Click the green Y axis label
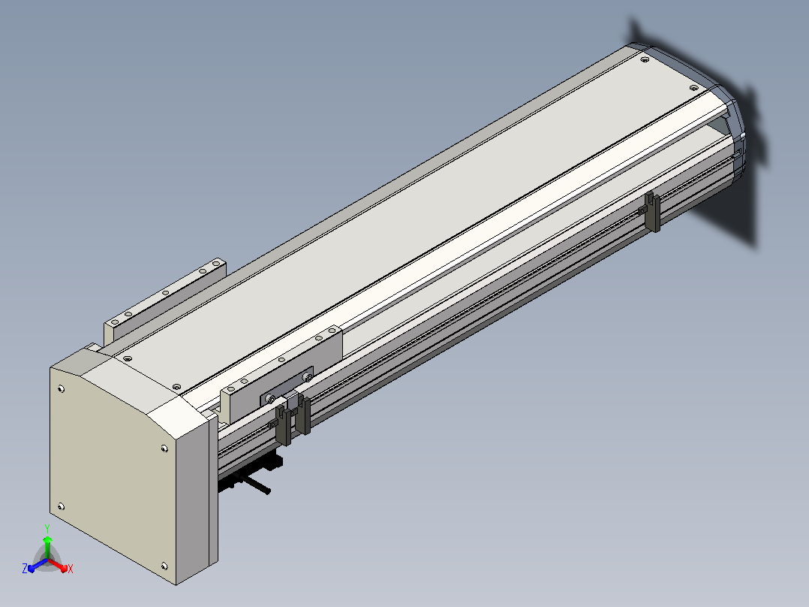click(x=47, y=528)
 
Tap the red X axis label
click(x=71, y=569)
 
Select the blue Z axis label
click(x=25, y=568)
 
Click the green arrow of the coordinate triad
click(x=47, y=548)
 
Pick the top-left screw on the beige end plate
click(x=62, y=388)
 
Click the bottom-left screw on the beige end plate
click(x=61, y=506)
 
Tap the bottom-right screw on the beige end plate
click(x=164, y=566)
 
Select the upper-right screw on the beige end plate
click(x=164, y=448)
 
